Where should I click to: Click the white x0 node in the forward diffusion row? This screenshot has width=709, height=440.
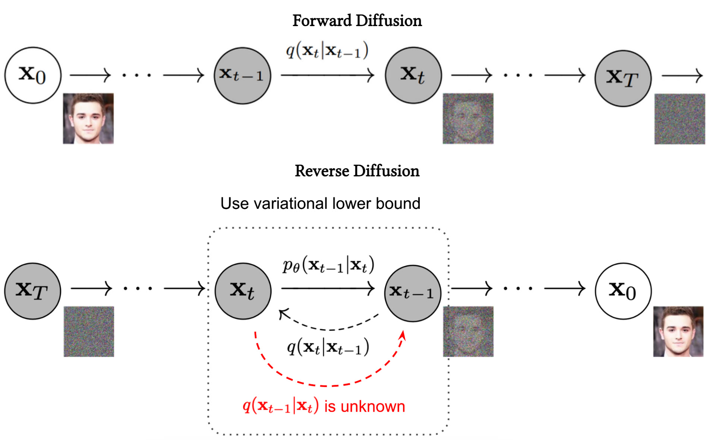[33, 75]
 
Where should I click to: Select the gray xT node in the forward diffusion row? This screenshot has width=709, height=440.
[623, 78]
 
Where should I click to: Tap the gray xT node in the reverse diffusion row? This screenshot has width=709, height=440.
[32, 291]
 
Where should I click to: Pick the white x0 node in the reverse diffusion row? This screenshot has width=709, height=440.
[623, 291]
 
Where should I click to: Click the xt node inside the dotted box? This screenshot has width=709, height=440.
[243, 291]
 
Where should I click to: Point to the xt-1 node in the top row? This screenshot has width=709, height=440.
[242, 76]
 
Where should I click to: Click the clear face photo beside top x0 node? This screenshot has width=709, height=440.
[88, 118]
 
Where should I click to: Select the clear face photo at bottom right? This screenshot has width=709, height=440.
[678, 331]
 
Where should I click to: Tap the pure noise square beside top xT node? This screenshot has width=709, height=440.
[680, 119]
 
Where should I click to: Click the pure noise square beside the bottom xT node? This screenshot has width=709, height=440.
[89, 331]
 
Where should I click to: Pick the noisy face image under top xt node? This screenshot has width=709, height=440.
[468, 118]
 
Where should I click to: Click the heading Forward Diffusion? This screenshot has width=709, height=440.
[357, 21]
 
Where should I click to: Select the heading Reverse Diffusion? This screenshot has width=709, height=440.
[357, 171]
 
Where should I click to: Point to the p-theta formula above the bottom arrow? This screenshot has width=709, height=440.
[328, 265]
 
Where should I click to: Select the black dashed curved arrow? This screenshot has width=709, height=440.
[328, 329]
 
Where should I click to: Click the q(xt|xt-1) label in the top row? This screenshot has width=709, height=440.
[327, 51]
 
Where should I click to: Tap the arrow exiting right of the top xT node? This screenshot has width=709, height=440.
[682, 76]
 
